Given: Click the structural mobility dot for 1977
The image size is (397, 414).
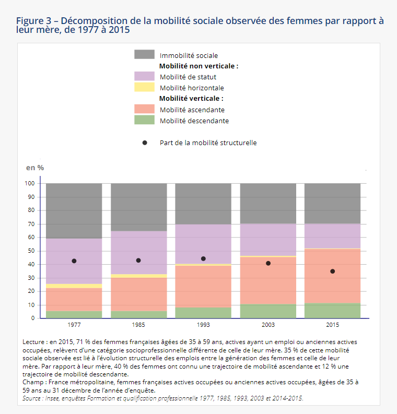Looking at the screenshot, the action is pyautogui.click(x=74, y=261).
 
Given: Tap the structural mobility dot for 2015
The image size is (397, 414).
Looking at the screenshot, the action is pyautogui.click(x=333, y=271).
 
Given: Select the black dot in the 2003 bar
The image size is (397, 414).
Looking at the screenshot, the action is pyautogui.click(x=268, y=263).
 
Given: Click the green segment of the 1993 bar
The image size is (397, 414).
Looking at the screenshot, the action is pyautogui.click(x=203, y=313).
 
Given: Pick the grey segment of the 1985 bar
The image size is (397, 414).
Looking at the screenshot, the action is pyautogui.click(x=138, y=207).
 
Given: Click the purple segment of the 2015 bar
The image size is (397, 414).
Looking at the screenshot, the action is pyautogui.click(x=332, y=236).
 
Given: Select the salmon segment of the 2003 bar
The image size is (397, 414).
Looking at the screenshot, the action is pyautogui.click(x=268, y=281).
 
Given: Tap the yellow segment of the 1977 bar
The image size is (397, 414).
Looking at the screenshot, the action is pyautogui.click(x=74, y=286).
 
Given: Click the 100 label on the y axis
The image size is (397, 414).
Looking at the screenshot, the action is pyautogui.click(x=30, y=183).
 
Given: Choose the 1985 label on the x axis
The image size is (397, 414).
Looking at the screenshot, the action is pyautogui.click(x=138, y=325).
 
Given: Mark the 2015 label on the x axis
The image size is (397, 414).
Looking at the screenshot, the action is pyautogui.click(x=332, y=325).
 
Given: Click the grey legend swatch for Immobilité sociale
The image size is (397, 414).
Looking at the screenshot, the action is pyautogui.click(x=144, y=54).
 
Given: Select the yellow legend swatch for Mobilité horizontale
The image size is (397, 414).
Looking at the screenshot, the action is pyautogui.click(x=144, y=87).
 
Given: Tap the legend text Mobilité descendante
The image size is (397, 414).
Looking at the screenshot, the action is pyautogui.click(x=194, y=121).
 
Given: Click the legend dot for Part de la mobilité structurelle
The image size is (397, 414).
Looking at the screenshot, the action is pyautogui.click(x=145, y=143).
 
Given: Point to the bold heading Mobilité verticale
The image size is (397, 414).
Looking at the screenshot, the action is pyautogui.click(x=191, y=99).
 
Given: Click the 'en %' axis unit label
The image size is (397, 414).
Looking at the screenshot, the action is pyautogui.click(x=35, y=168).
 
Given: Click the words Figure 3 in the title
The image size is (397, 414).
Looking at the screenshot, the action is pyautogui.click(x=33, y=21).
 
